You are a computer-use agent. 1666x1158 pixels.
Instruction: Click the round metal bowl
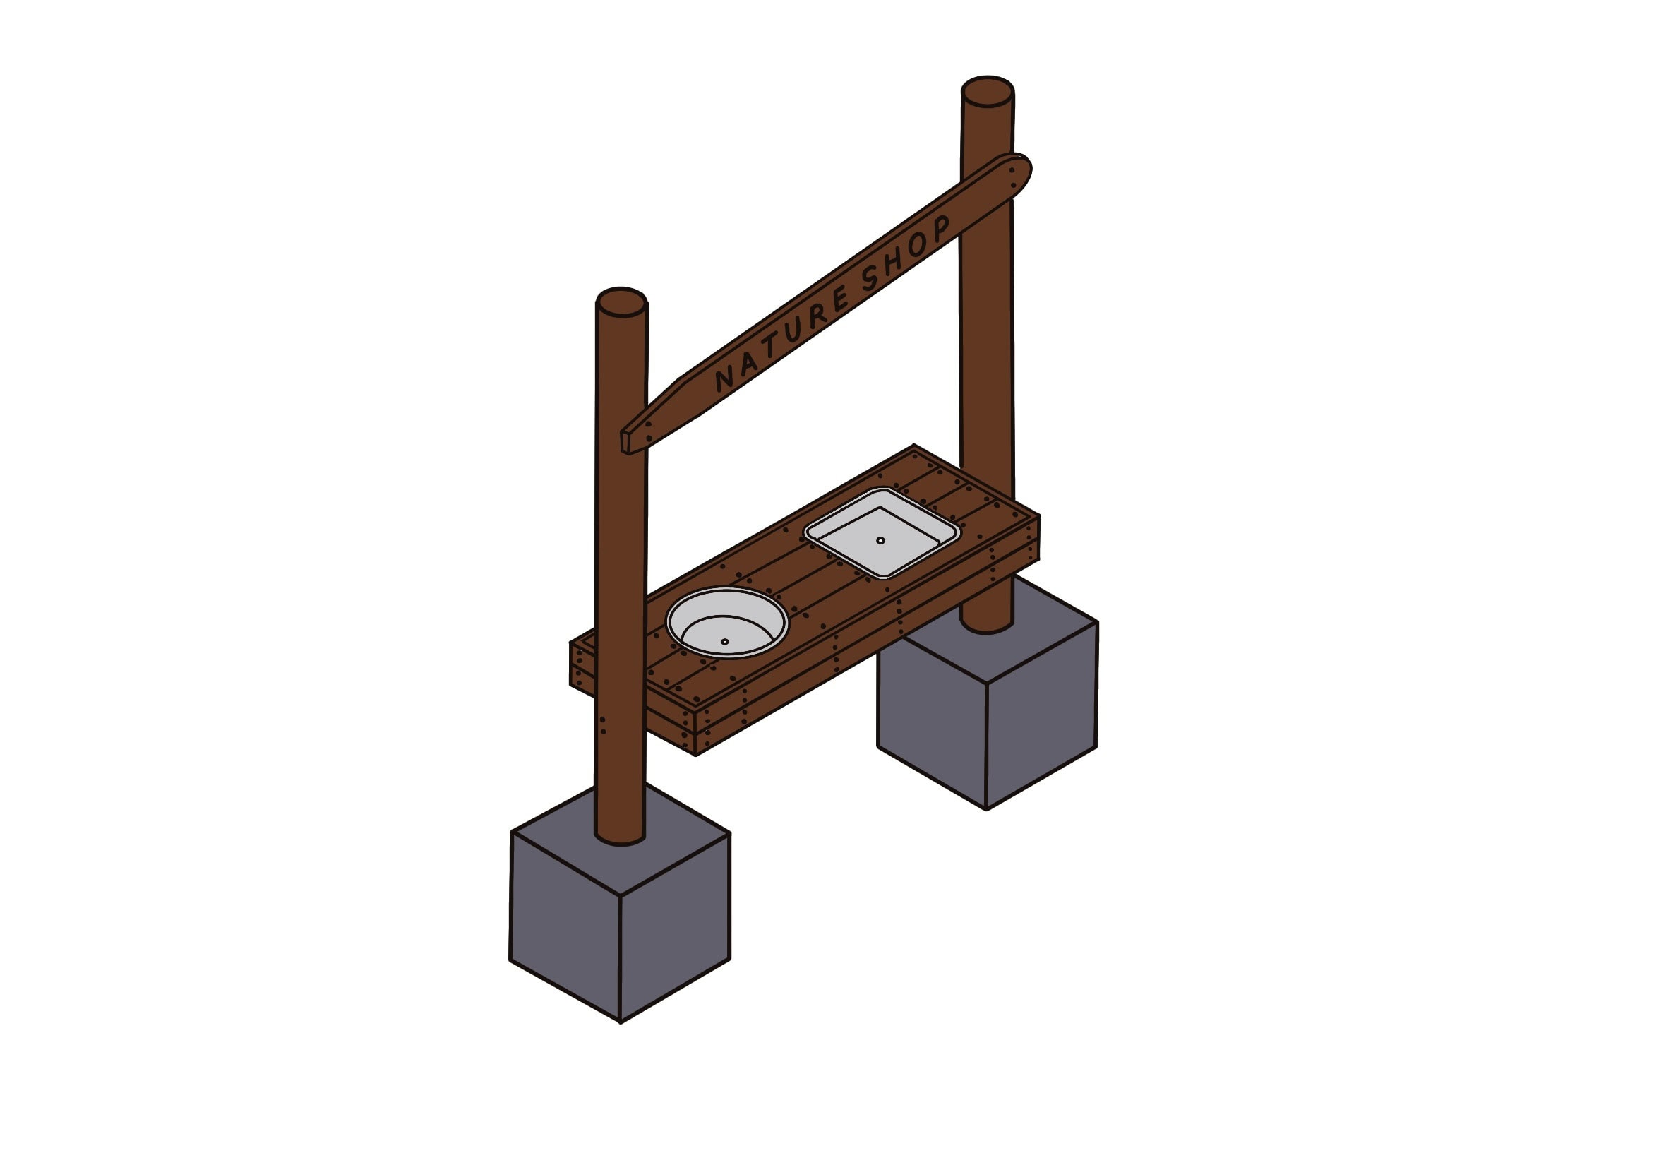tap(726, 622)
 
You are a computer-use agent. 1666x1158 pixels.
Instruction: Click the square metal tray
tap(881, 532)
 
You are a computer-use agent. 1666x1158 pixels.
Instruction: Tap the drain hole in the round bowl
tap(724, 641)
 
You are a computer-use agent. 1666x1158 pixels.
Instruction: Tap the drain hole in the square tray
tap(880, 541)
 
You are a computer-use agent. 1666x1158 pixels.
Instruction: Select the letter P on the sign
tap(941, 228)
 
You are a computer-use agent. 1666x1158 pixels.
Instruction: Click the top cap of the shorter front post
tap(621, 302)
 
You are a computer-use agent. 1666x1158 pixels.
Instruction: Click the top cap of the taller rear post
tap(987, 91)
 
